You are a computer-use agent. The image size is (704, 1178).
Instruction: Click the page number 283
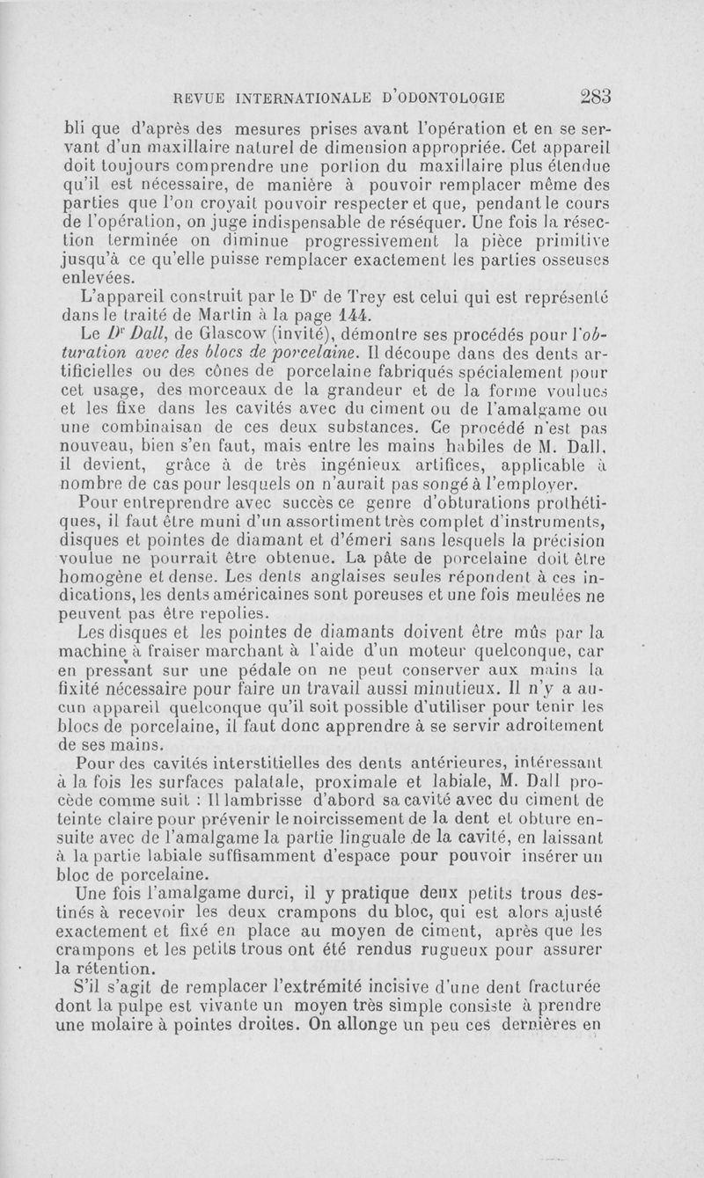click(596, 96)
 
